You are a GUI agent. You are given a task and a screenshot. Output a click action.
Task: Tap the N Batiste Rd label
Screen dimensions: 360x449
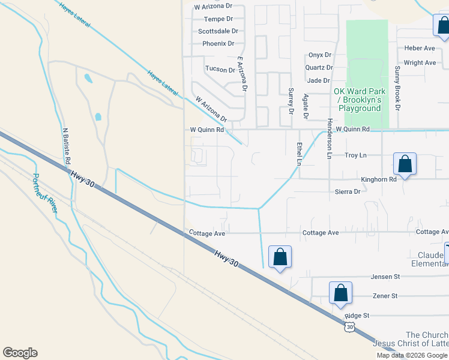[65, 145]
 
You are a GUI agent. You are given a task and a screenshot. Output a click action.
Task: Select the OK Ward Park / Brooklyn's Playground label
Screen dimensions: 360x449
[358, 100]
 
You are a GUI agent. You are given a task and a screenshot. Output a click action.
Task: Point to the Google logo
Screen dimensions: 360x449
[20, 353]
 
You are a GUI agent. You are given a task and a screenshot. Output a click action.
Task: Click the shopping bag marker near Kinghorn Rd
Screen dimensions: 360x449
[405, 164]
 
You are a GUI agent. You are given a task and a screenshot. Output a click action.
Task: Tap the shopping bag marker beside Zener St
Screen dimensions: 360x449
[340, 293]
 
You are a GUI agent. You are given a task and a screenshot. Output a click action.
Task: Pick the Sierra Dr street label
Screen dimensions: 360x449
[348, 192]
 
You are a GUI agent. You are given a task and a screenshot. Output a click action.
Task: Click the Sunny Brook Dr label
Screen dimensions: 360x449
[397, 88]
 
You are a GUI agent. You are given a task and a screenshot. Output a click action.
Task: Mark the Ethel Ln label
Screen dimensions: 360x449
[298, 154]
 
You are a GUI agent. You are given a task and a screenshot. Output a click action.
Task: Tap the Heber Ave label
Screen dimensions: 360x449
[420, 48]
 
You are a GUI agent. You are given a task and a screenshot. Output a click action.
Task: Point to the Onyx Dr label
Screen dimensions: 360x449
[319, 55]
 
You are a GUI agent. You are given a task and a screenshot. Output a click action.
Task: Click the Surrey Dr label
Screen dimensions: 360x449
[291, 101]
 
